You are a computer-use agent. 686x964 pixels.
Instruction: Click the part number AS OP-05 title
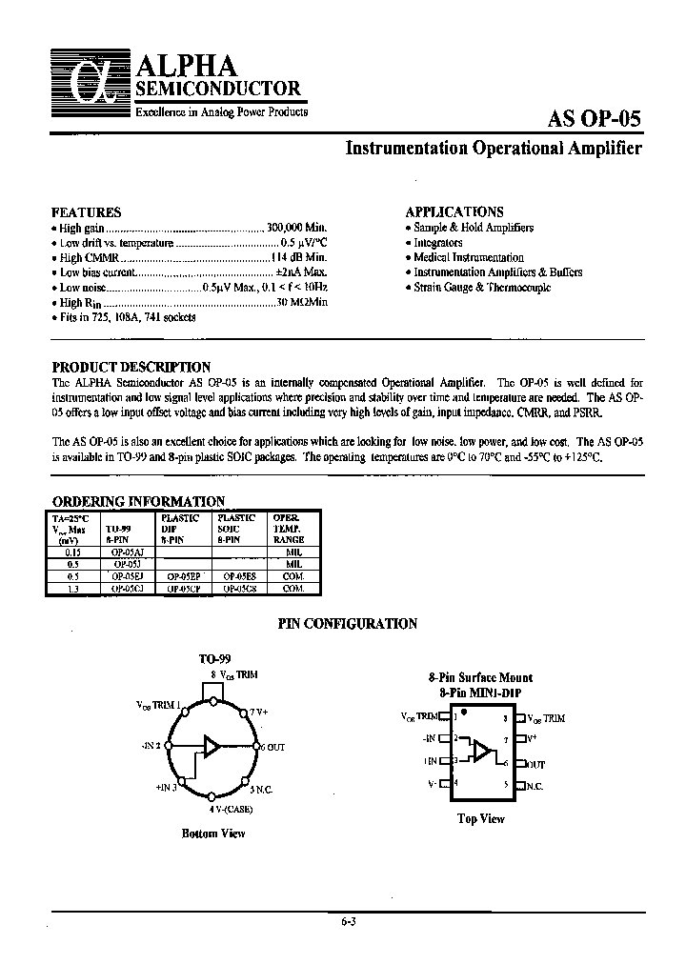(x=595, y=119)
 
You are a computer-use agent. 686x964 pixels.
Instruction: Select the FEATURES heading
(x=86, y=212)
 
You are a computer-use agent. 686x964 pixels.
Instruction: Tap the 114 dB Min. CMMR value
(x=299, y=257)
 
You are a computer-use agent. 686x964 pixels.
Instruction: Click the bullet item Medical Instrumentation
(x=469, y=257)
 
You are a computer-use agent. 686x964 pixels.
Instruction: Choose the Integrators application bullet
(x=438, y=243)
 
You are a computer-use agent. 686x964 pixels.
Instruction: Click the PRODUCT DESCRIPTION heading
(x=131, y=367)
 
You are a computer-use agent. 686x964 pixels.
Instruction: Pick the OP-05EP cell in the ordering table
(x=184, y=575)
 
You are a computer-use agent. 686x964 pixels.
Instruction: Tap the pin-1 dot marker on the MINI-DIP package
(x=464, y=712)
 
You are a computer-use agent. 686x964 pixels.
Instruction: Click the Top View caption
(x=480, y=818)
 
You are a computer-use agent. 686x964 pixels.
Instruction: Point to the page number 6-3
(x=350, y=922)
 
